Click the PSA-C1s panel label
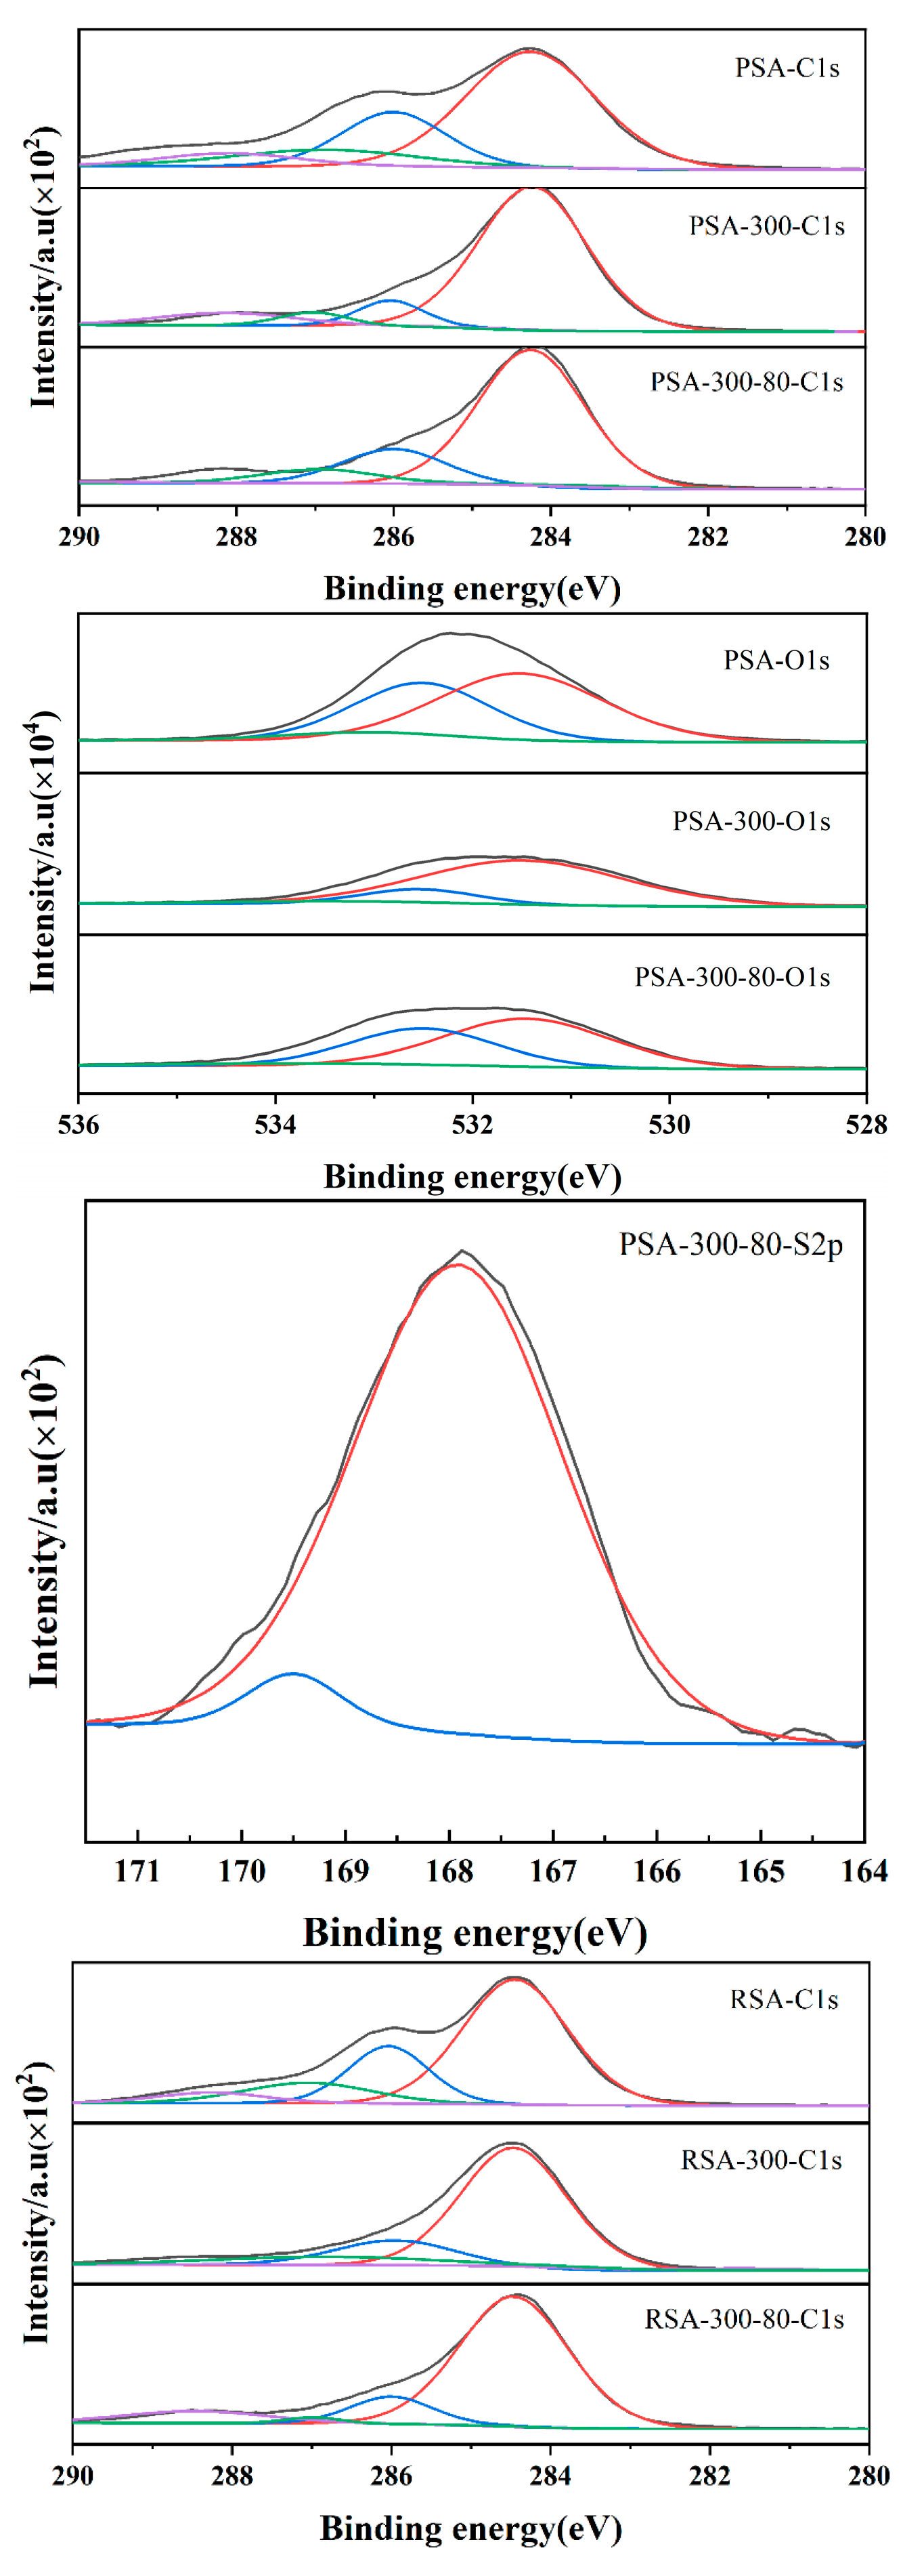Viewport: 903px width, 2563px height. click(x=787, y=68)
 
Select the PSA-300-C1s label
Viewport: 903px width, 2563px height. click(x=767, y=227)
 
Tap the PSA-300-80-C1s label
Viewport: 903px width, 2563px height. click(x=747, y=383)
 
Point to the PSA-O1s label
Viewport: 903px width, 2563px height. click(x=776, y=661)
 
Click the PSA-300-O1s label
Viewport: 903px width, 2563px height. click(x=751, y=822)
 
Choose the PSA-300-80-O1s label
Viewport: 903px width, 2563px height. click(x=732, y=978)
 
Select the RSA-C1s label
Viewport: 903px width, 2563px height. click(x=784, y=2000)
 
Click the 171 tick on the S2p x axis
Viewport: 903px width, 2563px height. click(x=137, y=1871)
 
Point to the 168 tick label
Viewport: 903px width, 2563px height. click(x=449, y=1871)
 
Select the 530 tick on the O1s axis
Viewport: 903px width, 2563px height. click(x=669, y=1125)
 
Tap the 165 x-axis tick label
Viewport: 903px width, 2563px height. click(x=761, y=1871)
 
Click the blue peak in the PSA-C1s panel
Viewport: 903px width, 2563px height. click(x=394, y=112)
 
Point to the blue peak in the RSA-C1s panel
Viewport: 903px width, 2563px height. click(x=388, y=2047)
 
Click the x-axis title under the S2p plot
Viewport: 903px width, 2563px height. click(x=475, y=1933)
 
